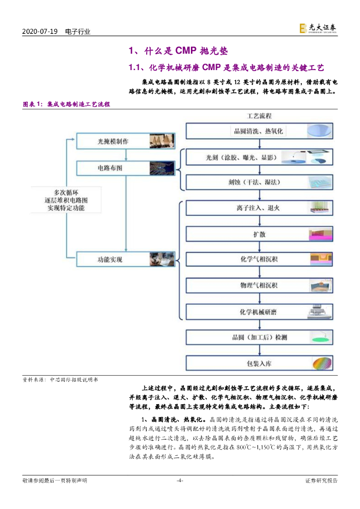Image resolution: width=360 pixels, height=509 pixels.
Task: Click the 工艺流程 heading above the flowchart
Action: [259, 116]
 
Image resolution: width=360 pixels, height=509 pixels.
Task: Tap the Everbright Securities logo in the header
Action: [318, 29]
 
